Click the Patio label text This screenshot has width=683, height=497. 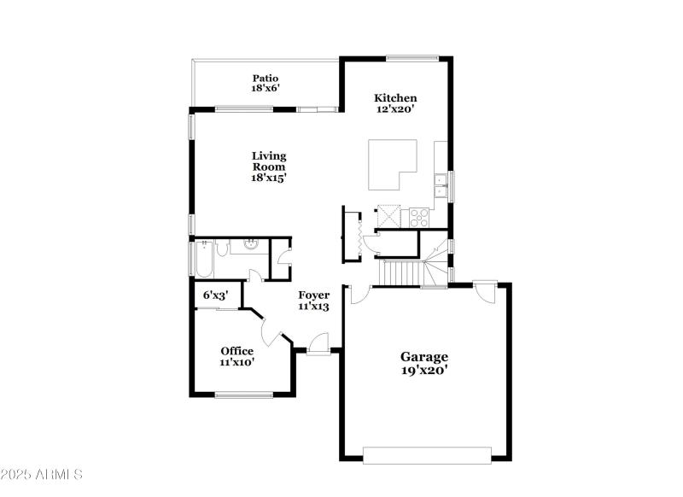tap(266, 78)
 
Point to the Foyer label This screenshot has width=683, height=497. tap(313, 295)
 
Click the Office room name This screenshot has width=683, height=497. tap(236, 350)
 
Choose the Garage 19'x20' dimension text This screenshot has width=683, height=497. tap(424, 370)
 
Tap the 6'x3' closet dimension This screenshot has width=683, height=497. tap(215, 295)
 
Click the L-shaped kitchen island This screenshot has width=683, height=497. tap(392, 165)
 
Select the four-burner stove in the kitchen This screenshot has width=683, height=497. tap(418, 217)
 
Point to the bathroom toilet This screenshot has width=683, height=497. tap(221, 248)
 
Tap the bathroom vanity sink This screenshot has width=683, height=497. tap(251, 247)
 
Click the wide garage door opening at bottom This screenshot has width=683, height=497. tap(428, 452)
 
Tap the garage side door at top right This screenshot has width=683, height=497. tap(486, 291)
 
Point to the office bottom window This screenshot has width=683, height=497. tap(243, 394)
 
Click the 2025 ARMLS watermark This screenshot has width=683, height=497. tap(41, 474)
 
